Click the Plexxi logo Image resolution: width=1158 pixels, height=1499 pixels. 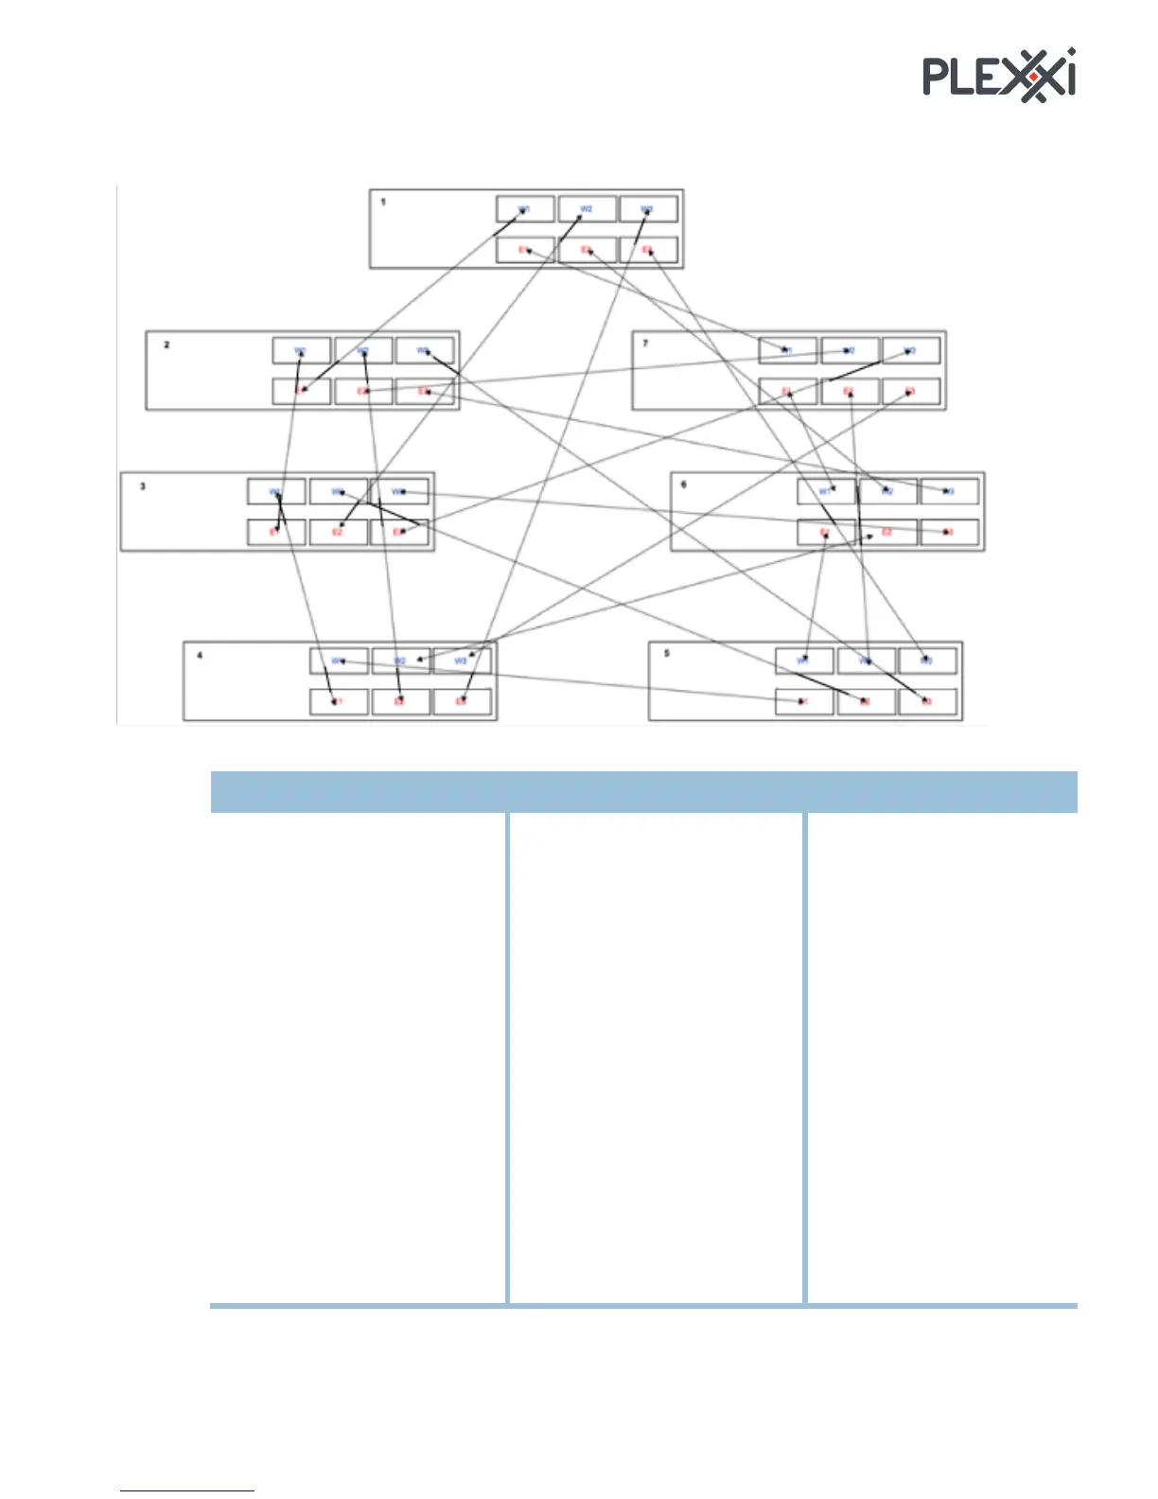(999, 75)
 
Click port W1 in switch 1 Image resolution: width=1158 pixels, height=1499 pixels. (525, 208)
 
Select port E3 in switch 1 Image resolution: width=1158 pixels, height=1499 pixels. (648, 250)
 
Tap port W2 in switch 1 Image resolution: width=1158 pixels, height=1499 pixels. (587, 208)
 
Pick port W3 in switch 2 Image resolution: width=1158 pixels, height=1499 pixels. (425, 350)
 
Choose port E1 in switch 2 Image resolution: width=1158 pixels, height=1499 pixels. (301, 391)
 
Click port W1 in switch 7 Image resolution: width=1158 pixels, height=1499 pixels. (787, 350)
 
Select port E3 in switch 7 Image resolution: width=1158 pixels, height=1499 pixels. (910, 391)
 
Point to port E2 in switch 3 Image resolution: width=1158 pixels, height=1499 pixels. (338, 532)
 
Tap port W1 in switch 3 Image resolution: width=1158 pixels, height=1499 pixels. (276, 491)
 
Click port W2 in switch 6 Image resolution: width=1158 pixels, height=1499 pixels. (887, 491)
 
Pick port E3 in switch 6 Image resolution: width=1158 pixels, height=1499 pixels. (949, 532)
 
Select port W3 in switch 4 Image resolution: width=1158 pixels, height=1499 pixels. (462, 660)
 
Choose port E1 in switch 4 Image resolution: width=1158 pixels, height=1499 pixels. (338, 701)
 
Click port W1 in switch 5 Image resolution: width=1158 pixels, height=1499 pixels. (804, 660)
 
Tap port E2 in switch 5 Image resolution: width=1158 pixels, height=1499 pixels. (866, 701)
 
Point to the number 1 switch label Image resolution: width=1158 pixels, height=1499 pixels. (383, 202)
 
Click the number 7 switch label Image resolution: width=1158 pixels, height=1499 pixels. (646, 343)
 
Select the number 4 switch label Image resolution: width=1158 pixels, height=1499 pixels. (199, 654)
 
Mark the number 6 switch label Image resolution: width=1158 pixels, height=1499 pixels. (684, 485)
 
